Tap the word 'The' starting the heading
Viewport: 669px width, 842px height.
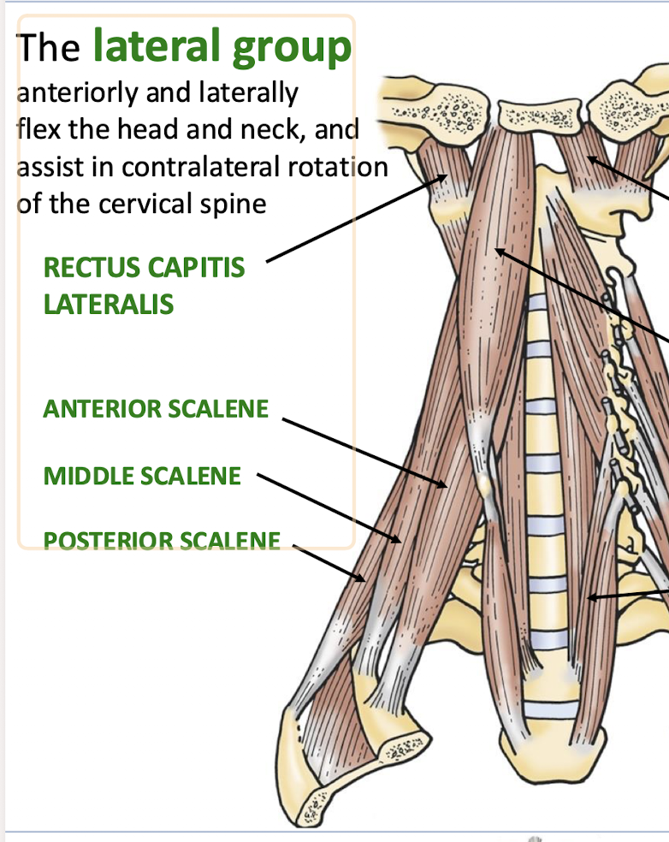[x=49, y=48]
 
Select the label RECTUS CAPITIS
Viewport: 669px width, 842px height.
[x=144, y=268]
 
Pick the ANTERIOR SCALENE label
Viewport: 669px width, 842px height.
[x=156, y=409]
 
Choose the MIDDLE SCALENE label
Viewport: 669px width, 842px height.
[x=142, y=476]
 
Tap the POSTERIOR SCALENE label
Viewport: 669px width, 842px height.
[x=162, y=541]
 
